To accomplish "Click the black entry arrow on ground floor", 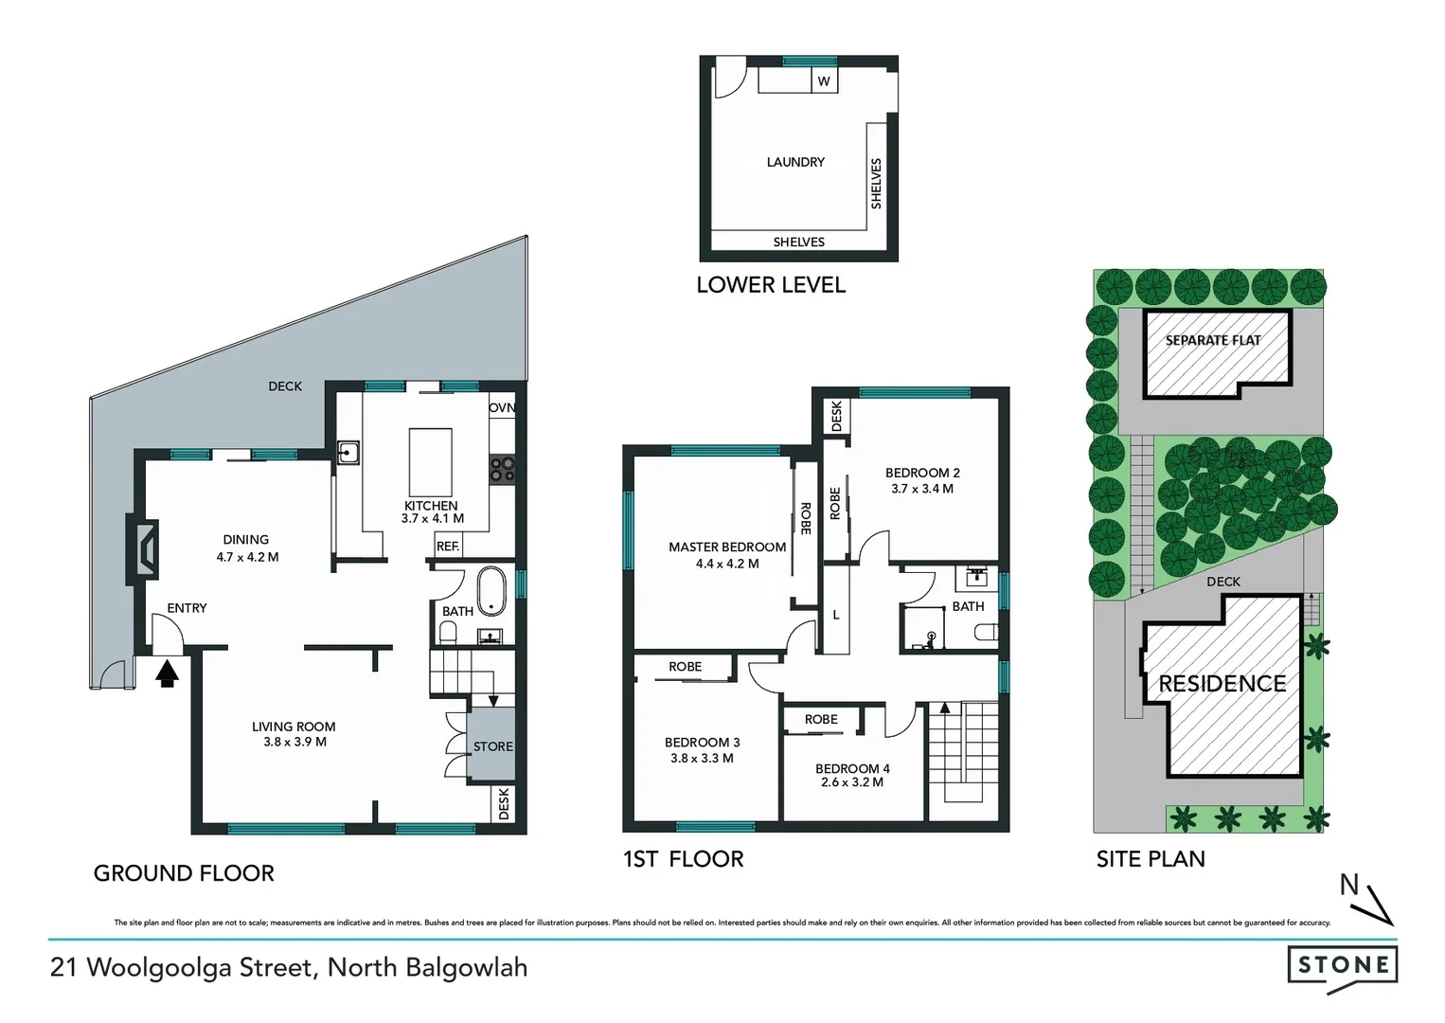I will coord(168,673).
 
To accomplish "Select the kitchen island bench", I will coord(430,461).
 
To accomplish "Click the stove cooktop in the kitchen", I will coord(502,468).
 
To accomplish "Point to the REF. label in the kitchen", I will coord(448,547).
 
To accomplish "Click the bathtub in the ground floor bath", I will coord(491,592).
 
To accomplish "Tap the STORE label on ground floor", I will coord(492,746).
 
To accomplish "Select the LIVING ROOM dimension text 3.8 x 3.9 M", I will coord(294,743).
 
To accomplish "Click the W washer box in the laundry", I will coord(824,81).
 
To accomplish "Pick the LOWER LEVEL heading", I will coord(771,285).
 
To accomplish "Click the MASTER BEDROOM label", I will coord(726,547).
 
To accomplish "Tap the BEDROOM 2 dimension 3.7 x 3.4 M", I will coord(921,489).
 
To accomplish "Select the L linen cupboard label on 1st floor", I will coord(836,616).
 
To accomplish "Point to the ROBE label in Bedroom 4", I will coord(821,720).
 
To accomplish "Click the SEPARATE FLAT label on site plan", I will coord(1212,340).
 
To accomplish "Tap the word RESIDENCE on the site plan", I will coord(1222,684).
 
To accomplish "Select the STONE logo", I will coord(1342,966).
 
